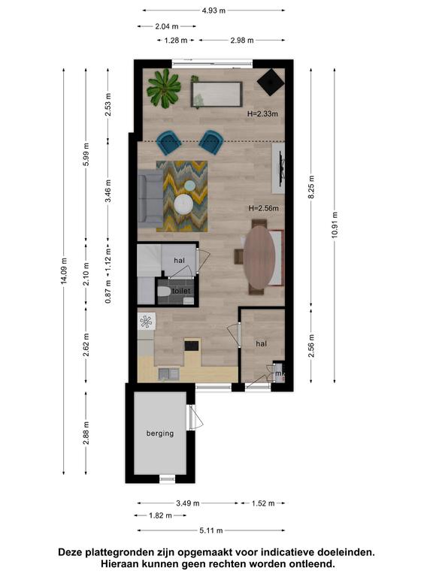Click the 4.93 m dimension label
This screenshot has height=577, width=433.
(x=213, y=11)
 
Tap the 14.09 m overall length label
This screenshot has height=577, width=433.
(x=64, y=270)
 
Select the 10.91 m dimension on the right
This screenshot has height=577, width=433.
(x=335, y=225)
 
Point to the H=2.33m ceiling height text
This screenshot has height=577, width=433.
(x=262, y=114)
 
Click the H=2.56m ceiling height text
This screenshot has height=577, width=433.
(x=264, y=208)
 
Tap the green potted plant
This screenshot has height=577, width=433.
(x=163, y=89)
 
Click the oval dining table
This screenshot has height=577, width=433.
(x=259, y=257)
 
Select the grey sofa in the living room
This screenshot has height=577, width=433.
(x=150, y=201)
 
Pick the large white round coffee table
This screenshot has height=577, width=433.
(x=183, y=204)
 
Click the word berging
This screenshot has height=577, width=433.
(x=160, y=434)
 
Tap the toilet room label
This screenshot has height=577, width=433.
(x=181, y=291)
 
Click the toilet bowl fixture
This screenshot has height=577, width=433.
(x=164, y=292)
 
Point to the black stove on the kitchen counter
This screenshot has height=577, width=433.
(x=192, y=346)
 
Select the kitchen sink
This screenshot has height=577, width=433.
(x=169, y=374)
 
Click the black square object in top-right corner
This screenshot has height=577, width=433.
(x=271, y=83)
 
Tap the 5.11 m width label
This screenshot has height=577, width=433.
(x=211, y=530)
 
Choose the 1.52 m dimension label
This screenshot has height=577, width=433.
(x=263, y=503)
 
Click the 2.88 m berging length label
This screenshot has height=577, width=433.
(x=86, y=433)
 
